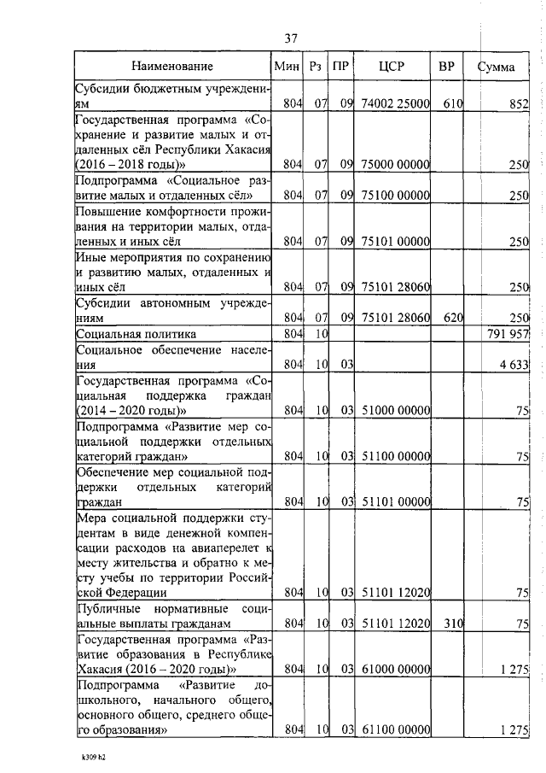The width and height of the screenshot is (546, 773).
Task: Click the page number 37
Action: (291, 38)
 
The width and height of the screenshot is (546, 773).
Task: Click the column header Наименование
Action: (172, 66)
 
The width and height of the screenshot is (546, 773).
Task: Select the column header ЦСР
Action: (392, 66)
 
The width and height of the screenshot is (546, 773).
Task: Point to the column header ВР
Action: (446, 66)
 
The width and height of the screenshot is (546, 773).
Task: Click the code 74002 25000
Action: (393, 104)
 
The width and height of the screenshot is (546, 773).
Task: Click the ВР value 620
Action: (452, 318)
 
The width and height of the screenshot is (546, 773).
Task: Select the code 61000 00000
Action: (393, 669)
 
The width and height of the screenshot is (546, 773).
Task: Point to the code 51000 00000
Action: (393, 411)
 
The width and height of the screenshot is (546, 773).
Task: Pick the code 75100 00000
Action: (393, 196)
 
